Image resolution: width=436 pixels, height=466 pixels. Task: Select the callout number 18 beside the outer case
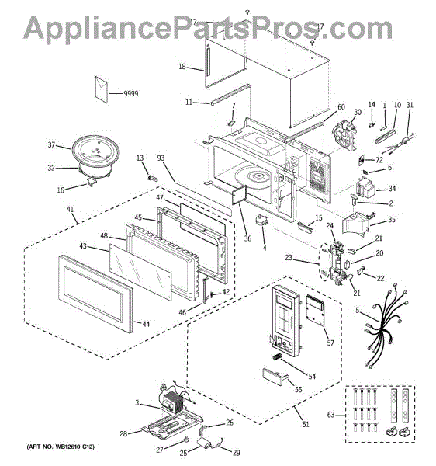182,67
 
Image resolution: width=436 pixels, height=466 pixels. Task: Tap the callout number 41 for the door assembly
71,210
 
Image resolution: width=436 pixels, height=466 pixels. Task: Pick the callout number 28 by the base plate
123,433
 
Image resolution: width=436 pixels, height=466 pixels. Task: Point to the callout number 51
304,424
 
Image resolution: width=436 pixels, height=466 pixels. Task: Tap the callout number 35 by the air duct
391,220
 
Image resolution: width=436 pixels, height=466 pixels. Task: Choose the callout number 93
161,158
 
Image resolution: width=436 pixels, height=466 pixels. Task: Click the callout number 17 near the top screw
320,26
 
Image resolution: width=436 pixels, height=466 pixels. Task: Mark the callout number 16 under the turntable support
59,190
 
